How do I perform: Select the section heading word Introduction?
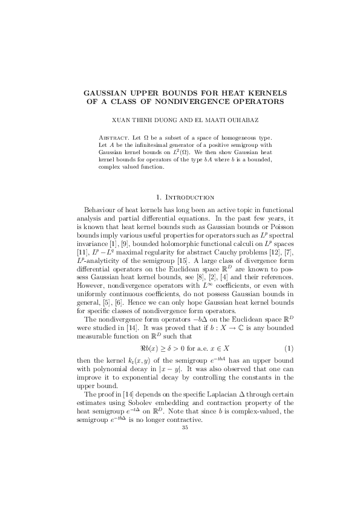pos(189,196)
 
